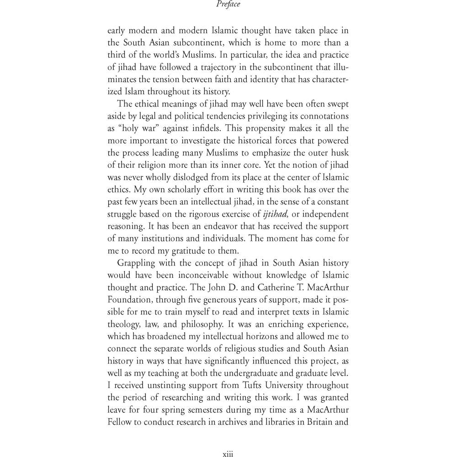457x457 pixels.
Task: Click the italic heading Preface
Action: pyautogui.click(x=228, y=5)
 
